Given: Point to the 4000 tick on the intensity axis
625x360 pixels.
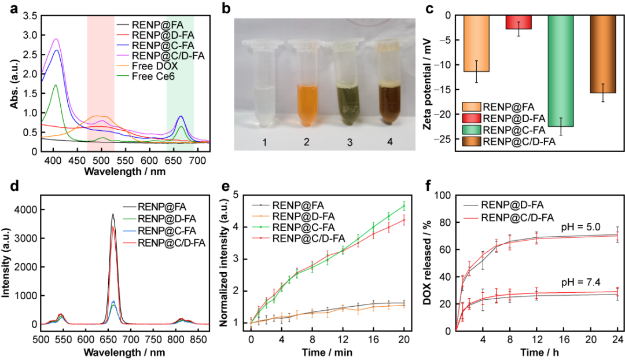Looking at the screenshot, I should (x=27, y=210).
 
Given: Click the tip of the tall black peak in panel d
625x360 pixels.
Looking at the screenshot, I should (x=113, y=214).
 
